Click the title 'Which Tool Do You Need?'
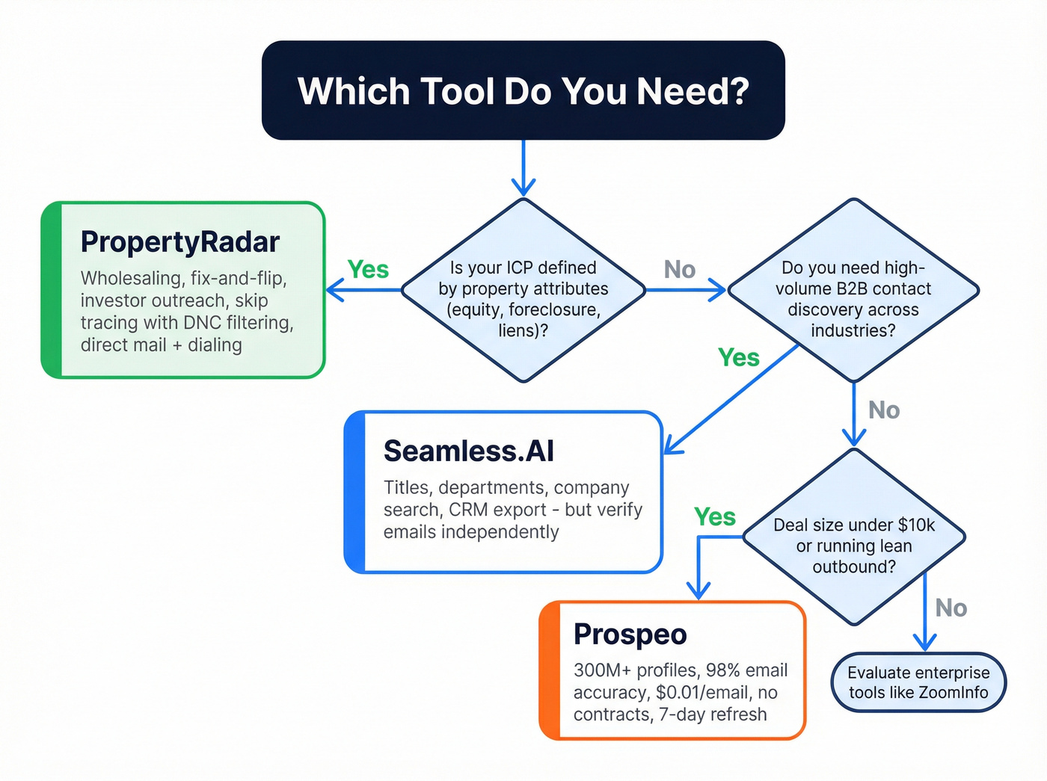523,91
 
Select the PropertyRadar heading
179,242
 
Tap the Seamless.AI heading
468,451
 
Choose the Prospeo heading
630,635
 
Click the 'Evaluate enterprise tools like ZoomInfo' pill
918,683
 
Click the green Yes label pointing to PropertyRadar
368,269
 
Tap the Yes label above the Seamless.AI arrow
739,357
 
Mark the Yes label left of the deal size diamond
715,516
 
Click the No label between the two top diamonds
680,269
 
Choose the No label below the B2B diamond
884,410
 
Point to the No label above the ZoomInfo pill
951,608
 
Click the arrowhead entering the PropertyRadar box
333,290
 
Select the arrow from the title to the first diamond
523,168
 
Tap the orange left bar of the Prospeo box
550,670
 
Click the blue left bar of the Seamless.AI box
354,492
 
